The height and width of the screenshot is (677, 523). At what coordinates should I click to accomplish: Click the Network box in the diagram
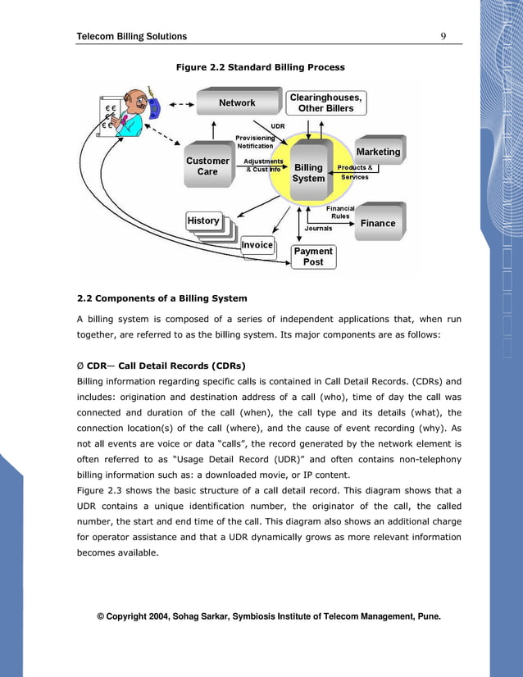(237, 103)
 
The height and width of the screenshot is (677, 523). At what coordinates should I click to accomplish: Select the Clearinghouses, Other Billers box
(326, 102)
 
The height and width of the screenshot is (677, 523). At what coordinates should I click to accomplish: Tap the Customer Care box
(208, 166)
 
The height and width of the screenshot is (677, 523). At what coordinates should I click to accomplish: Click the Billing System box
(309, 172)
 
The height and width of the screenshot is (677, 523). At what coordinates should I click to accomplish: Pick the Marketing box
(378, 152)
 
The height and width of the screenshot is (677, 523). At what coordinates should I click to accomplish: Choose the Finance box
(378, 223)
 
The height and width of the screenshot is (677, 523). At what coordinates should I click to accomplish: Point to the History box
(204, 220)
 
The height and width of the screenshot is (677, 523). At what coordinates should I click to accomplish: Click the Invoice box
(257, 244)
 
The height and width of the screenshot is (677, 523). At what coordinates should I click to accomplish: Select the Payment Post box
(313, 257)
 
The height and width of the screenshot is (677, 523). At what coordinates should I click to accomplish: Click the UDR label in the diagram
(277, 126)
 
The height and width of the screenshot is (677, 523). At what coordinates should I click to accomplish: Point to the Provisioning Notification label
(255, 142)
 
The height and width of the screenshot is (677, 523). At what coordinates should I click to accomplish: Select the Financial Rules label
(340, 212)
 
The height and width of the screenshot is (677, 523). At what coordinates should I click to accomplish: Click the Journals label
(319, 229)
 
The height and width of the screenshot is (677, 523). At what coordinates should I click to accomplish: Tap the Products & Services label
(355, 172)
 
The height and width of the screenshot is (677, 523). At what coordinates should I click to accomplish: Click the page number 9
(443, 36)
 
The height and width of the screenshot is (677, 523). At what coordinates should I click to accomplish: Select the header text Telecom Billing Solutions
(131, 36)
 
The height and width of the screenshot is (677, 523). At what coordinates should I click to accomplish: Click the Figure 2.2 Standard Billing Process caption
(261, 67)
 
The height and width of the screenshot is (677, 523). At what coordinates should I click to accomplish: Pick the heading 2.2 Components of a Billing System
(161, 298)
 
